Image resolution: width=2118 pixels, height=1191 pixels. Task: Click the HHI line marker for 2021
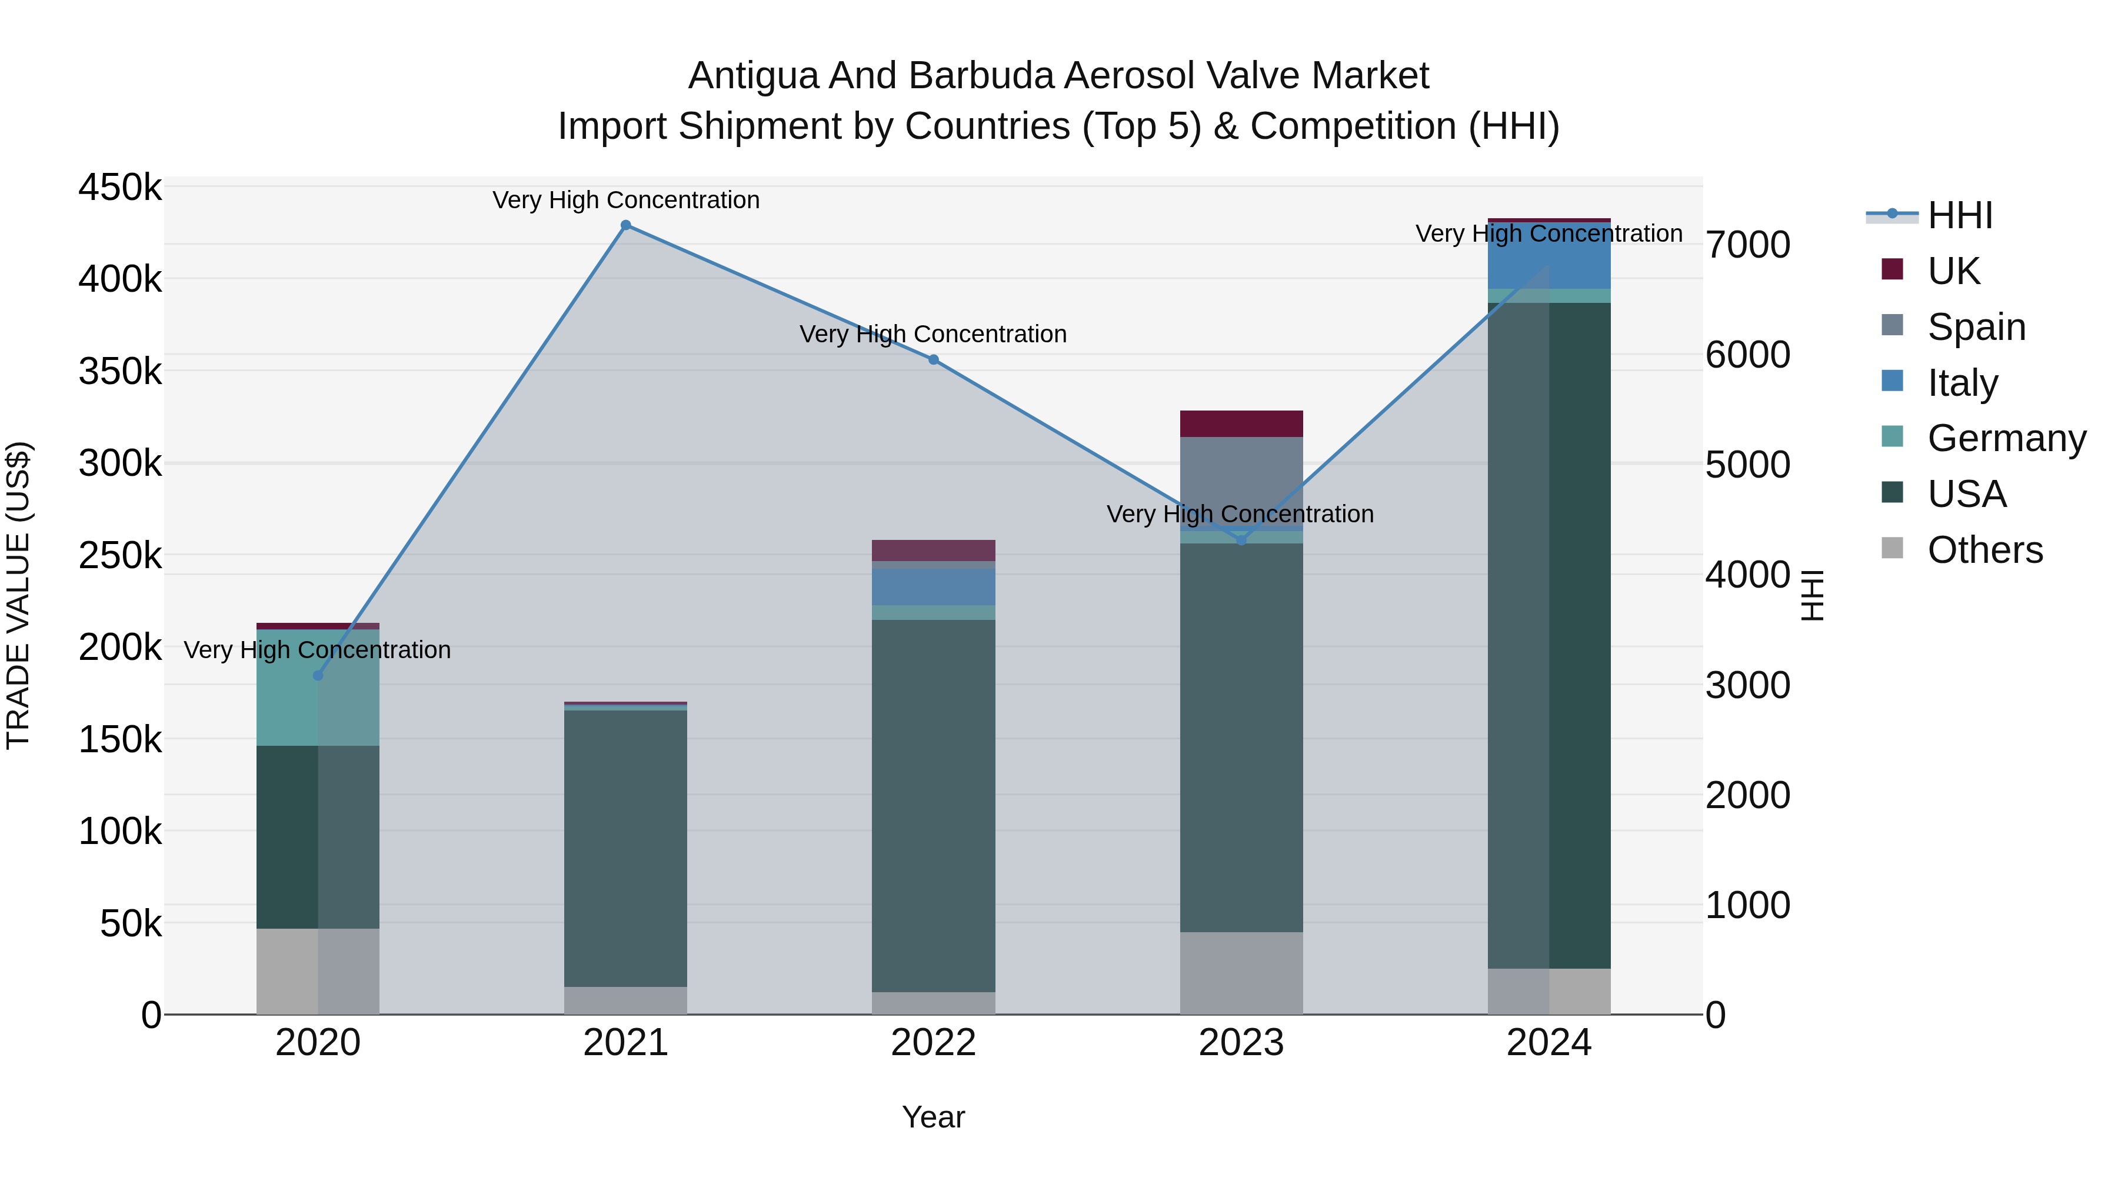(x=626, y=225)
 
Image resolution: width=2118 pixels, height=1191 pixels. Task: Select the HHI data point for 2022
(x=933, y=360)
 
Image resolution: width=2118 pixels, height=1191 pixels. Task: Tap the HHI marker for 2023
(x=1241, y=540)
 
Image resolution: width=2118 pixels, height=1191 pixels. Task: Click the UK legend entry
(x=1953, y=271)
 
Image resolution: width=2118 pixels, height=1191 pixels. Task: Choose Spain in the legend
(x=1976, y=327)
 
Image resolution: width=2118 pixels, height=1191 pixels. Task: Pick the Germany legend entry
(x=2006, y=438)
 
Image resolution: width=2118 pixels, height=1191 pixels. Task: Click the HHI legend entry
(x=1959, y=215)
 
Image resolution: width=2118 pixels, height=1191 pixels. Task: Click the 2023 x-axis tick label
(x=1241, y=1043)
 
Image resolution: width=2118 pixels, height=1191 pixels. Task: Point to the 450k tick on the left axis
(x=120, y=188)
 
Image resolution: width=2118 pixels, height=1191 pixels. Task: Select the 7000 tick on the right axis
(x=1747, y=245)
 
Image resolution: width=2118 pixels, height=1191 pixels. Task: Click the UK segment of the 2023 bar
(x=1241, y=424)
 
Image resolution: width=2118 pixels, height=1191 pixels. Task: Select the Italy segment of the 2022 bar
(x=933, y=587)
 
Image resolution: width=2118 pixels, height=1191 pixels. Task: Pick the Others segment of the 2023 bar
(x=1241, y=973)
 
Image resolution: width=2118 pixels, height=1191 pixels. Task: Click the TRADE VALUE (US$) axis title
(x=18, y=595)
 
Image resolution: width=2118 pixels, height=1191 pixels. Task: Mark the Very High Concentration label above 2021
(x=626, y=201)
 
